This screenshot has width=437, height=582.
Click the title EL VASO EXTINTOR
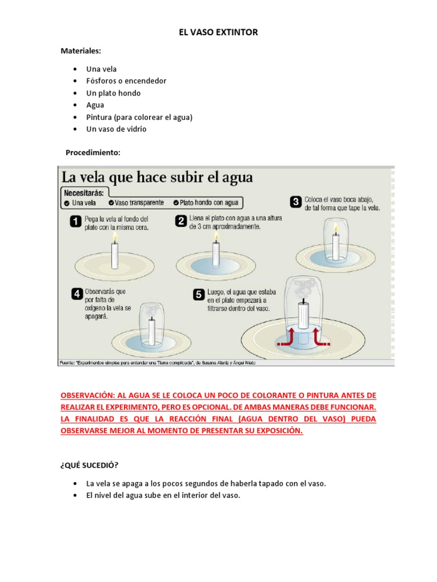[x=218, y=32]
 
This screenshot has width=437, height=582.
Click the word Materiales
[x=80, y=51]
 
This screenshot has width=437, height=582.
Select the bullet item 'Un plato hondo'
[x=113, y=93]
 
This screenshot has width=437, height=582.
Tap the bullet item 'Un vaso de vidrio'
[x=116, y=129]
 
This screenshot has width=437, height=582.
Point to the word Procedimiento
[x=93, y=152]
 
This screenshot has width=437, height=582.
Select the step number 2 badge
[x=181, y=221]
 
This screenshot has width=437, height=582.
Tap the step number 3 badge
[x=296, y=202]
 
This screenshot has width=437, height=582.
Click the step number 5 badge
[x=199, y=294]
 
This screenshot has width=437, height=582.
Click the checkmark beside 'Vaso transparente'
[x=111, y=202]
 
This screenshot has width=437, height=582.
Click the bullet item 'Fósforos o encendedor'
[x=126, y=81]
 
